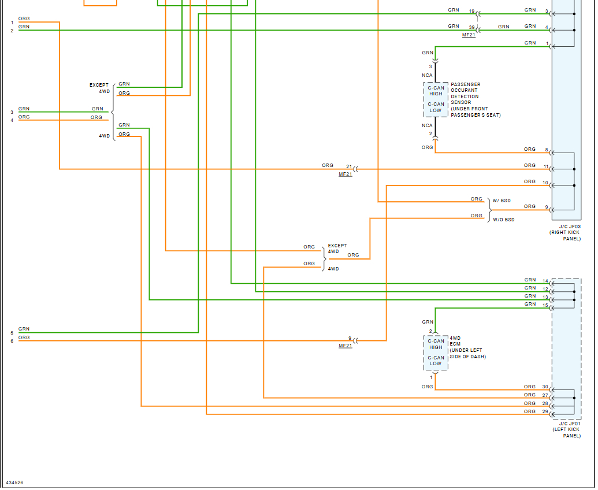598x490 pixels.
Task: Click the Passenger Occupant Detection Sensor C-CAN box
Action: coord(436,99)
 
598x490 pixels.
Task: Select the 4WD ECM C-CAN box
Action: coord(436,352)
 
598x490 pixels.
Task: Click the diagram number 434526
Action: coord(14,482)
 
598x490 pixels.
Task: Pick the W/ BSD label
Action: coord(502,201)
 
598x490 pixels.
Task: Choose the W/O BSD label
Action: coord(503,220)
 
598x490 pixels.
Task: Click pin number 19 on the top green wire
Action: coord(471,12)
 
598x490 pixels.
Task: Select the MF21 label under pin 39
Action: coord(469,35)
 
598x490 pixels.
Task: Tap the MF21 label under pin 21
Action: coord(345,174)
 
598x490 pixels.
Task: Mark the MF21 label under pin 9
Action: coord(345,346)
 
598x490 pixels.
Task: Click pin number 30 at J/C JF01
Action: coord(545,387)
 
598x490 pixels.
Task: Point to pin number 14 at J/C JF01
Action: coord(545,281)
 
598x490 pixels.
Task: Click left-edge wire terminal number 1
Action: coord(12,23)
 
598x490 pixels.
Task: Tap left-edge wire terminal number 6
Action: coord(12,341)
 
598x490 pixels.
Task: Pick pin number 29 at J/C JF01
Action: coord(545,411)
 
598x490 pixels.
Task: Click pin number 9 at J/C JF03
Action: coord(546,207)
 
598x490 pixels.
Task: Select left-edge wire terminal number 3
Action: coord(12,112)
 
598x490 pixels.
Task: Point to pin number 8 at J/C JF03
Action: coord(546,150)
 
